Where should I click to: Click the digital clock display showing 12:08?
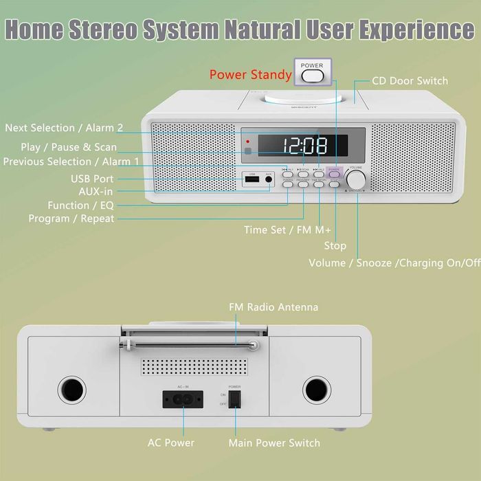coord(304,145)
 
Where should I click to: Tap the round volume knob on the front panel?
coord(356,179)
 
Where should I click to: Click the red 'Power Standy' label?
coord(251,74)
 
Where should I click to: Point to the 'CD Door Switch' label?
coord(410,81)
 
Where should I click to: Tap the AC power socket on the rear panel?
coord(183,399)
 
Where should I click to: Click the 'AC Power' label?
coord(171,443)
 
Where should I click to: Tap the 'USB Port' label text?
coord(91,179)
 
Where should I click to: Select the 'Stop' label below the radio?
coord(335,245)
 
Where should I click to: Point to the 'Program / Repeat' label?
coord(71,219)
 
